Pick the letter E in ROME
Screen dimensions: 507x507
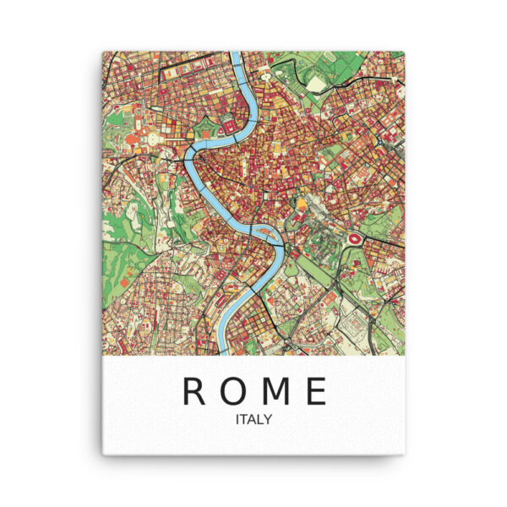tap(315, 390)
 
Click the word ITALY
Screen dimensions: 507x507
tap(255, 417)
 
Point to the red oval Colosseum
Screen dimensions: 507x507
tap(354, 239)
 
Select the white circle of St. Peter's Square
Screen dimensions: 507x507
tap(155, 137)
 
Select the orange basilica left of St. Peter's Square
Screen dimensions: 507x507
tap(135, 135)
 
